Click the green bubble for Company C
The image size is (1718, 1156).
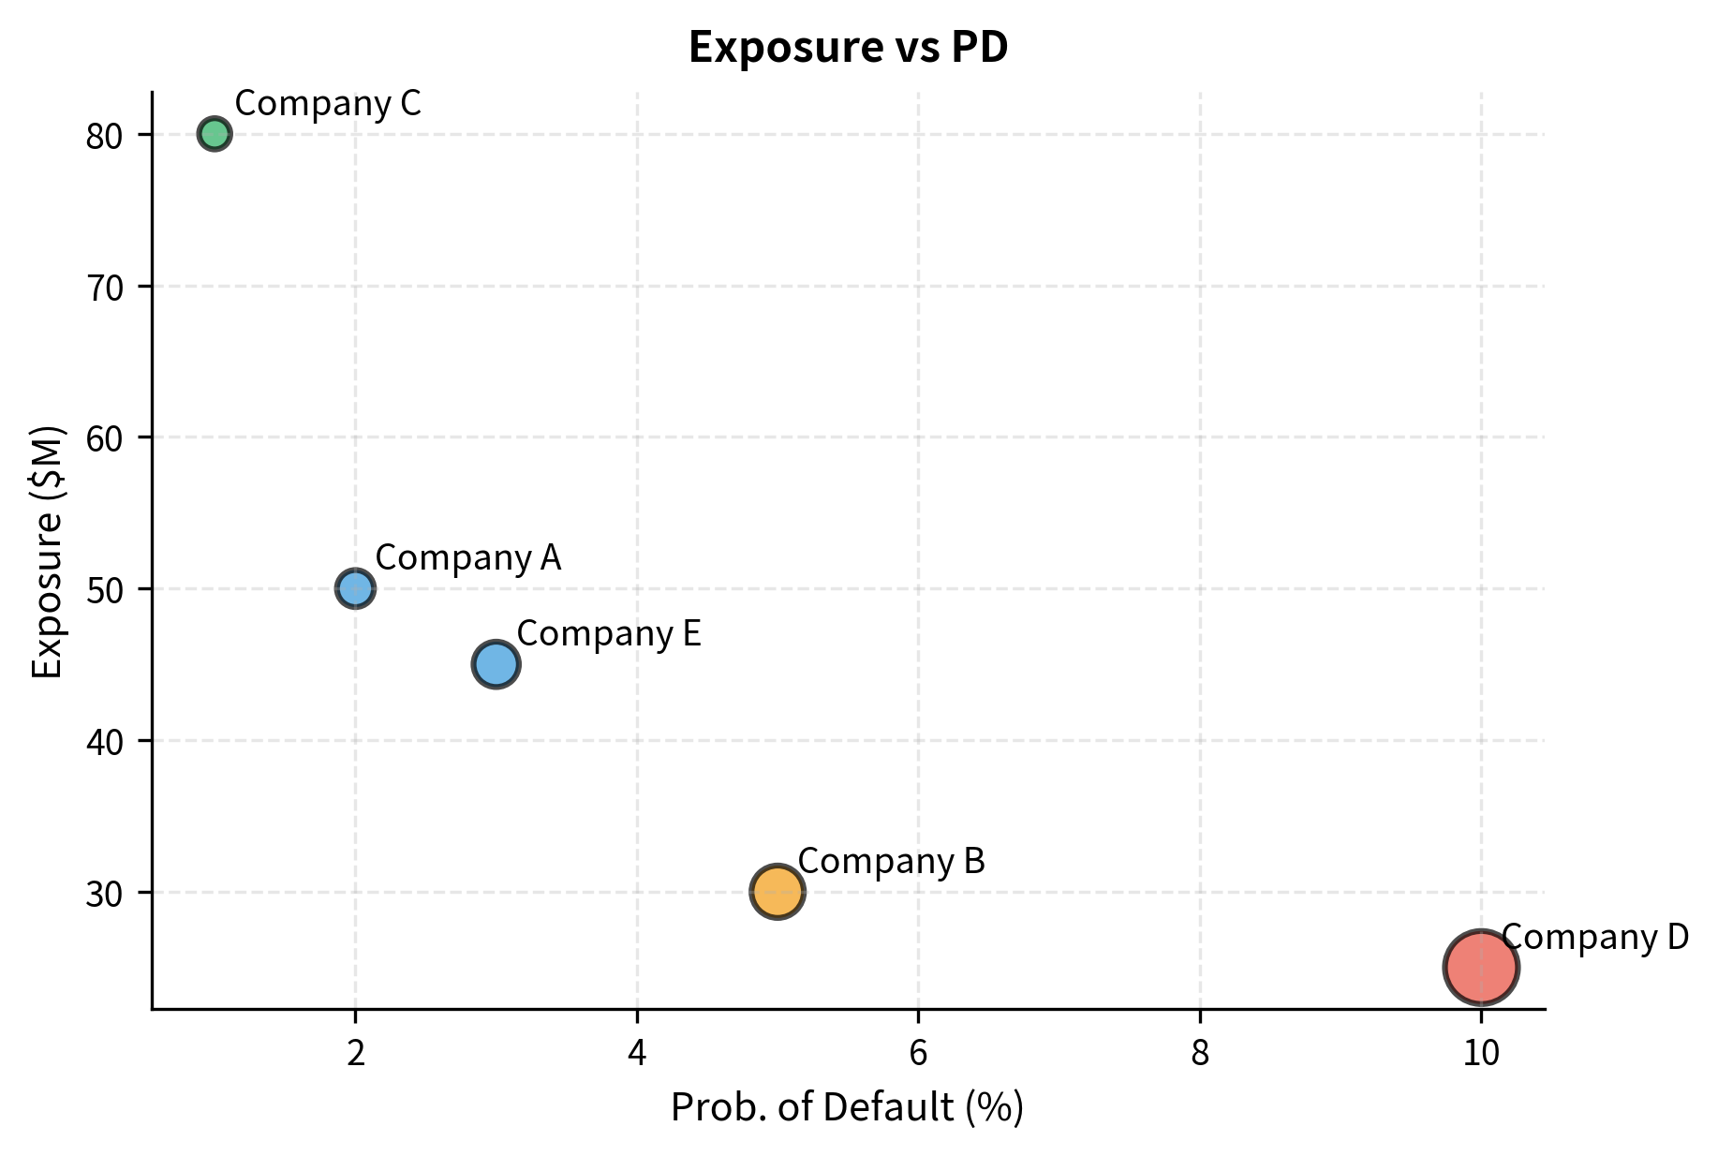215,134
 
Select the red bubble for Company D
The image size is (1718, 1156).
1480,968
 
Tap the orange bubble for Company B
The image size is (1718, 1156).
777,892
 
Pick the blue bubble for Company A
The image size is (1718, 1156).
355,588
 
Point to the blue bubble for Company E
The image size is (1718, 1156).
496,664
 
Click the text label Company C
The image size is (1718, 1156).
328,103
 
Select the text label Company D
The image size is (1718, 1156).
1594,937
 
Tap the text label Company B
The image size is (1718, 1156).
891,861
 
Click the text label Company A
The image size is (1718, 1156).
467,557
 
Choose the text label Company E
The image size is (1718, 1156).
608,633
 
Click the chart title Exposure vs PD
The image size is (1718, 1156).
848,48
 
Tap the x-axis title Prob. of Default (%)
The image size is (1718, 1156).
847,1107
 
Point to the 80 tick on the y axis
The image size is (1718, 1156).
104,137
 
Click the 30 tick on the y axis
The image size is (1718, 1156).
104,894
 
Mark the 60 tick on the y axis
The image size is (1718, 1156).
104,438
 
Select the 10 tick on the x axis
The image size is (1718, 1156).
1480,1054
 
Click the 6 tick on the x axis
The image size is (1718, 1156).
918,1054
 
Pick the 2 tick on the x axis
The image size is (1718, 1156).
355,1054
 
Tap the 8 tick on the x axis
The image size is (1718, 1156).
1199,1054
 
